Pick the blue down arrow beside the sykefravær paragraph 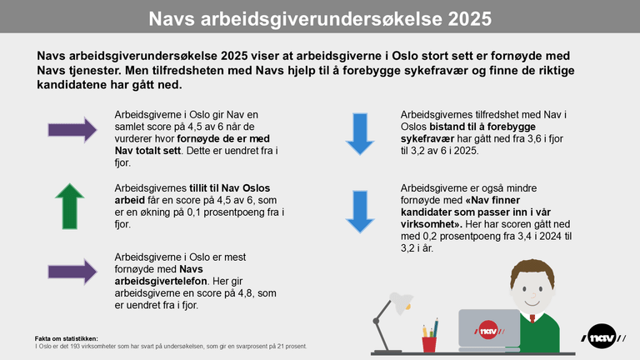click(x=360, y=135)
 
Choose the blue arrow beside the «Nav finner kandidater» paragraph click(x=360, y=214)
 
